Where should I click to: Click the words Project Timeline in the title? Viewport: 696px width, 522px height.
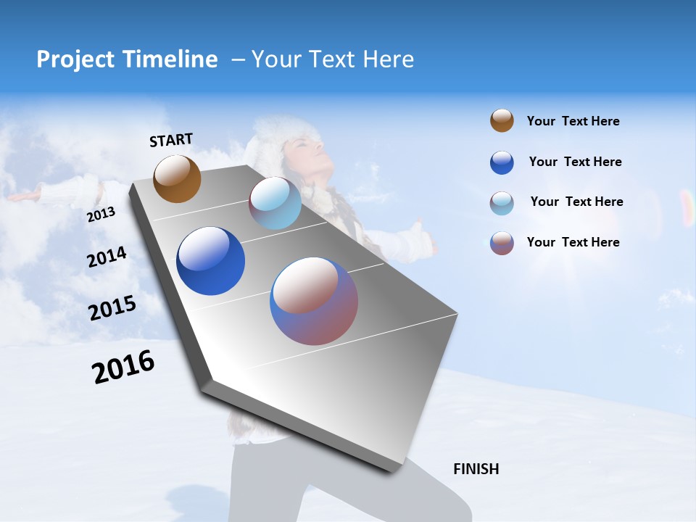[x=127, y=59]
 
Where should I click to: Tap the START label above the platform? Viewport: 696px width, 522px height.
[x=171, y=140]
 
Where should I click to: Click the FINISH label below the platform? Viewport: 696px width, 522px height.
[x=476, y=469]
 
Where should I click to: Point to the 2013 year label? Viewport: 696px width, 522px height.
[x=101, y=215]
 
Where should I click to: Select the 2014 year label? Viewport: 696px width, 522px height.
[x=107, y=257]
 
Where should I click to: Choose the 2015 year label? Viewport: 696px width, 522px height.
[x=112, y=308]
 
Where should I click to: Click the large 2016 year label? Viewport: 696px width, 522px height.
[x=123, y=367]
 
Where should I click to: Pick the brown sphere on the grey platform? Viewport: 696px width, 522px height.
[x=177, y=179]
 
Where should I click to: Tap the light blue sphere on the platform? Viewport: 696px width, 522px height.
[x=275, y=204]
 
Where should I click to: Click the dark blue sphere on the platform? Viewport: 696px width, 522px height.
[x=211, y=261]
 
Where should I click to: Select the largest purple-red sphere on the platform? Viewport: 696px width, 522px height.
[x=314, y=301]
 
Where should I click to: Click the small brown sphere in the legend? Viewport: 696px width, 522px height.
[x=502, y=121]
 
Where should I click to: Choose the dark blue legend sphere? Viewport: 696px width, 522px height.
[x=502, y=162]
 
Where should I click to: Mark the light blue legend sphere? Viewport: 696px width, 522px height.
[x=502, y=203]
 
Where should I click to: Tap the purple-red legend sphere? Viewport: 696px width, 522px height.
[x=502, y=243]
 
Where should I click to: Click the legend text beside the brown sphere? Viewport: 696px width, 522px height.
[x=573, y=122]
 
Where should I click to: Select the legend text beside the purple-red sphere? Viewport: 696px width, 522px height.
[x=573, y=242]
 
